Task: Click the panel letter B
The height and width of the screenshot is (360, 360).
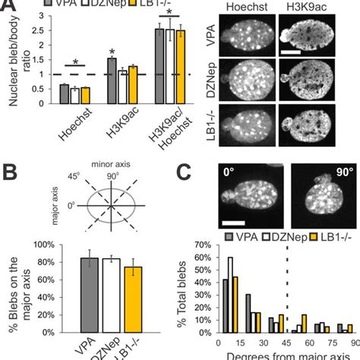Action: click(11, 166)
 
